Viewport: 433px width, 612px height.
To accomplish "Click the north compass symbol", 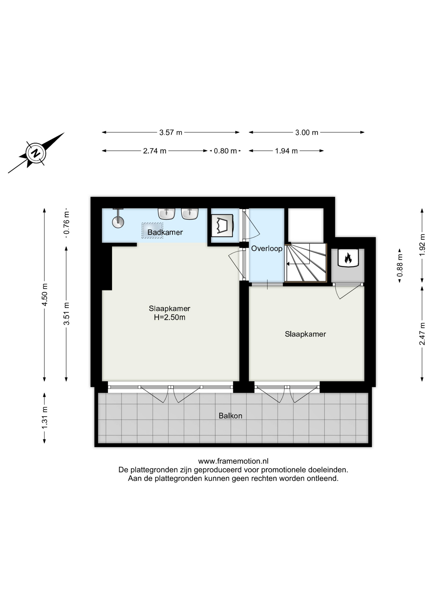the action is (36, 153).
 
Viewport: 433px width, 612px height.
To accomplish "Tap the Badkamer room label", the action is (165, 232).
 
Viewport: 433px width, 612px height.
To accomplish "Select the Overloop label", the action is (267, 249).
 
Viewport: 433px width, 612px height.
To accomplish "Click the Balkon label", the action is (230, 416).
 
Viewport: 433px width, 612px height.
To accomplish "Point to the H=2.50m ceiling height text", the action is (170, 317).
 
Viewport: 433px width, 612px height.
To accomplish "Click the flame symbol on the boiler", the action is (348, 258).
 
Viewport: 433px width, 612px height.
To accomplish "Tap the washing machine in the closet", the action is (223, 225).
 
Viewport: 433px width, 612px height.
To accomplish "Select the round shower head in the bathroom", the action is (118, 222).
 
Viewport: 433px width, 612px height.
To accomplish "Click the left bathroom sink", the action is (166, 214).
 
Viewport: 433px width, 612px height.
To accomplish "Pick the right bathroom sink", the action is (190, 214).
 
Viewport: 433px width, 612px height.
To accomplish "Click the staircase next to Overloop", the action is (306, 263).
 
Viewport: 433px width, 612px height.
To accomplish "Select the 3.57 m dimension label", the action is (171, 133).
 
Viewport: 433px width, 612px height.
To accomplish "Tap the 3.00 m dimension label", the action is (307, 133).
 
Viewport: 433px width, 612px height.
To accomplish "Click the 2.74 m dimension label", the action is (155, 151).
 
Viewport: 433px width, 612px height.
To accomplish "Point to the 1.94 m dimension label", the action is (286, 151).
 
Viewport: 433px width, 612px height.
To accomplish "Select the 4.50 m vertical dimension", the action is (45, 295).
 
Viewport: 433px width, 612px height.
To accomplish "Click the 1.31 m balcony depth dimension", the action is (45, 418).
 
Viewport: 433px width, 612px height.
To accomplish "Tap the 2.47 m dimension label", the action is (422, 334).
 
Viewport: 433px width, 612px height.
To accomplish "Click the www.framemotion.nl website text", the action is (233, 461).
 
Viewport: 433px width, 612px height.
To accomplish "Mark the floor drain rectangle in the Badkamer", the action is (152, 230).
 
